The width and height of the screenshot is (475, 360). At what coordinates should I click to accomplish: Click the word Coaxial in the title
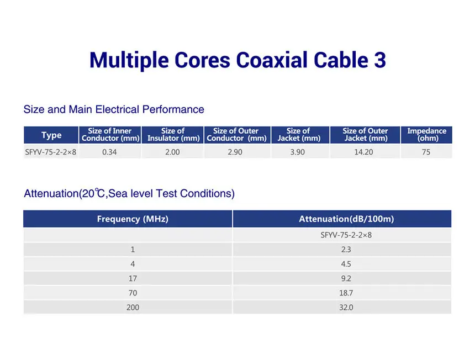[272, 60]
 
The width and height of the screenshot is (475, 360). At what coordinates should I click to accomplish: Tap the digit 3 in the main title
[380, 60]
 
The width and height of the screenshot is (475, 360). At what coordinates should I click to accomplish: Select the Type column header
[51, 135]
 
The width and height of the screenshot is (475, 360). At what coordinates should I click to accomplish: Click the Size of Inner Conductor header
[110, 135]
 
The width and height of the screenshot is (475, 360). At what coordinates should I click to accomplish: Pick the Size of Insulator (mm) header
[173, 135]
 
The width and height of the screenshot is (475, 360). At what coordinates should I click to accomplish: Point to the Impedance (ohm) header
[426, 135]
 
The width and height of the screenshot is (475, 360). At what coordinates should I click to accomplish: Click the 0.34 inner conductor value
[109, 152]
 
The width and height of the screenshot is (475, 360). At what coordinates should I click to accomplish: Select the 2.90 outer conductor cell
[235, 152]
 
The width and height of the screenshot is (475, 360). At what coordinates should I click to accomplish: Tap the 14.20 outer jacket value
[363, 152]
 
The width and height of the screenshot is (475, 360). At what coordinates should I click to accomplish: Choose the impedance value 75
[426, 152]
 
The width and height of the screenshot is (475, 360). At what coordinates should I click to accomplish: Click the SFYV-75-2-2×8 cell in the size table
[51, 152]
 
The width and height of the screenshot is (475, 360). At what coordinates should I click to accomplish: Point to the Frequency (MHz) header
[133, 219]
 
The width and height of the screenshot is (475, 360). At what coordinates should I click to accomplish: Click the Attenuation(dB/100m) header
[346, 219]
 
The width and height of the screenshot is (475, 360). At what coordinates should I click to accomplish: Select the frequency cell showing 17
[133, 278]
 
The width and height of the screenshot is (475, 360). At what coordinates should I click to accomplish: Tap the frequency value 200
[133, 308]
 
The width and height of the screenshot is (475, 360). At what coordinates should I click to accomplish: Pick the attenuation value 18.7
[346, 293]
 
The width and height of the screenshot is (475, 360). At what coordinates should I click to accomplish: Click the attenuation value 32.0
[346, 308]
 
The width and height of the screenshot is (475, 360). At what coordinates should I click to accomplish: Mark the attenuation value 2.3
[346, 250]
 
